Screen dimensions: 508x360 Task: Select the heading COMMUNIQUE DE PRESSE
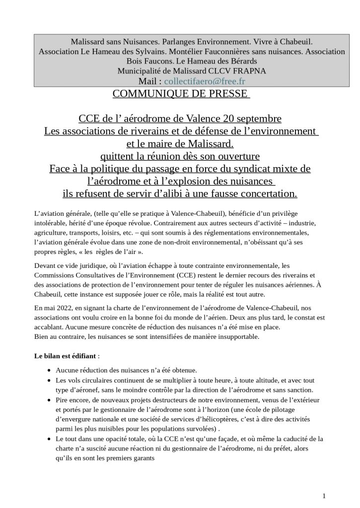(x=181, y=94)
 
